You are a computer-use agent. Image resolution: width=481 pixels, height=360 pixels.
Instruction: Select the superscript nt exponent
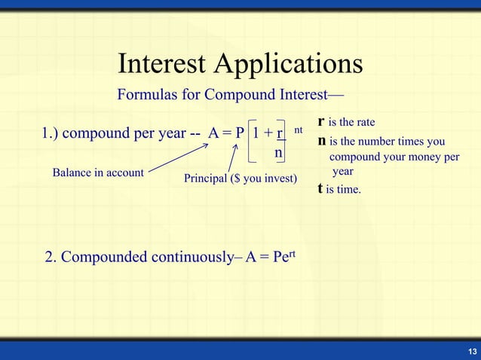tap(299, 130)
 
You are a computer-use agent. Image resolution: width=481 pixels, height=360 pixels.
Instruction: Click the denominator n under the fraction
tap(278, 153)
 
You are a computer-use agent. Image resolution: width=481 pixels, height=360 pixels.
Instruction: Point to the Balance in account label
tap(97, 172)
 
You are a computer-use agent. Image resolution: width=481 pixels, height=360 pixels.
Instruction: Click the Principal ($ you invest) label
tap(240, 178)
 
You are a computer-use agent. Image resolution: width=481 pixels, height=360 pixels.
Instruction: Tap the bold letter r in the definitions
tap(322, 121)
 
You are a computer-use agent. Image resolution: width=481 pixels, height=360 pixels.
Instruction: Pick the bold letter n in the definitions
tap(323, 141)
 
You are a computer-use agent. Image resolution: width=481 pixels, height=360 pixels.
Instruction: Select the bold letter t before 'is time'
tap(321, 189)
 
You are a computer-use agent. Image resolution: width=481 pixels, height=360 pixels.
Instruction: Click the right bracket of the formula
tap(290, 142)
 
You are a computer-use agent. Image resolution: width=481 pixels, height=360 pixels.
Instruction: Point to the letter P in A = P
tap(240, 135)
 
